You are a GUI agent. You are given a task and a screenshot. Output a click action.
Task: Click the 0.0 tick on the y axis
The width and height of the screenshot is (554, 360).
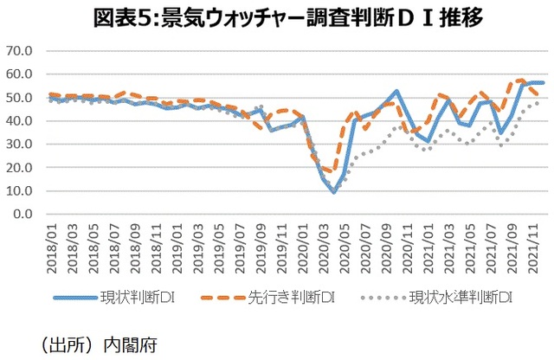point(23,214)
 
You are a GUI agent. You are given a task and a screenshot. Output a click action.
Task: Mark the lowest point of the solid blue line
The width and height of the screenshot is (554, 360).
point(333,192)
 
